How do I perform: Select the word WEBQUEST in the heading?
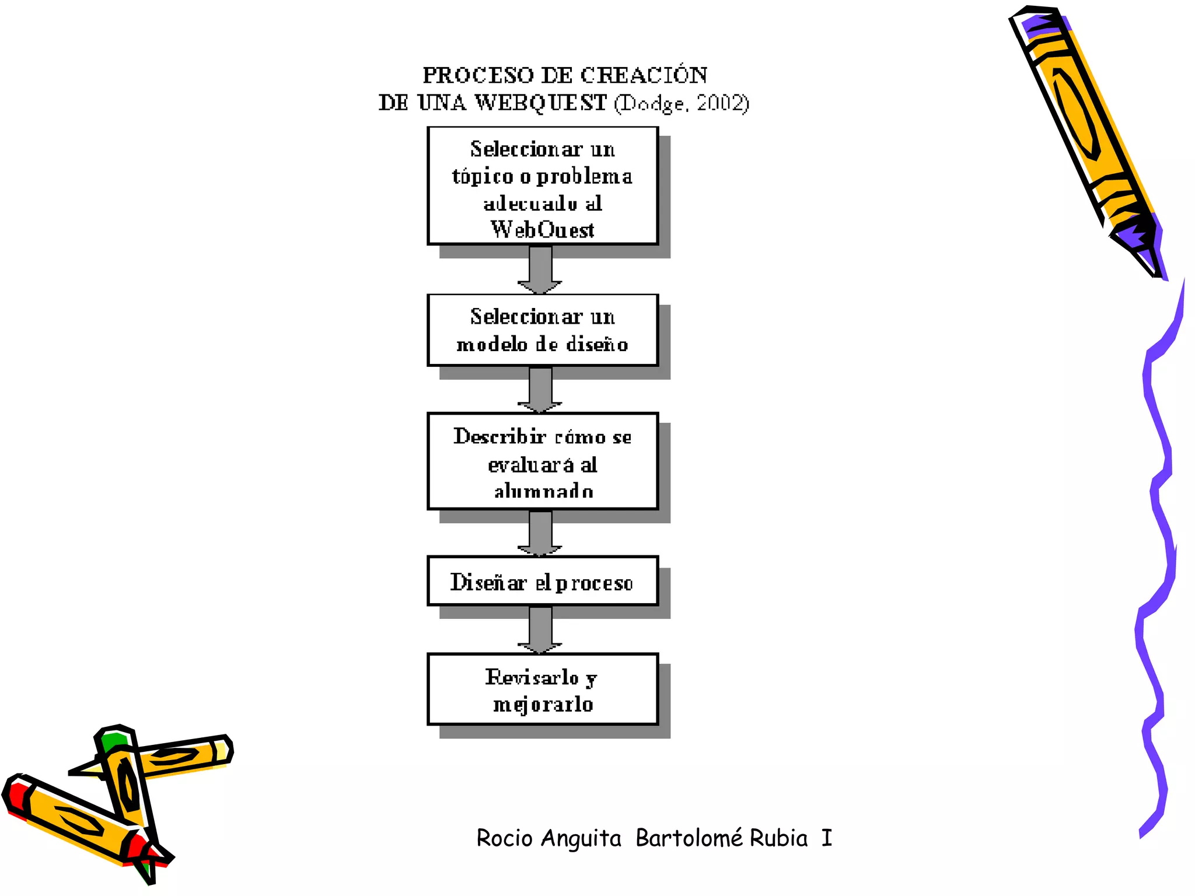(540, 103)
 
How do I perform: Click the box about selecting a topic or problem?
(543, 185)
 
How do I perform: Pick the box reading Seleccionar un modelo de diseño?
(543, 330)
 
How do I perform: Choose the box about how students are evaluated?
(543, 461)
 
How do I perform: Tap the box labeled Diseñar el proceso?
(543, 581)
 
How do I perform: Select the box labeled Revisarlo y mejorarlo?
(543, 689)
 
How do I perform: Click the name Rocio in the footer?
(504, 838)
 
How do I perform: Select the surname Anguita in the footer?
(581, 838)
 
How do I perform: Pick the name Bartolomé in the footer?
(689, 838)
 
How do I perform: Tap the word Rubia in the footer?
(778, 838)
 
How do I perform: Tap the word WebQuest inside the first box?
(543, 230)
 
